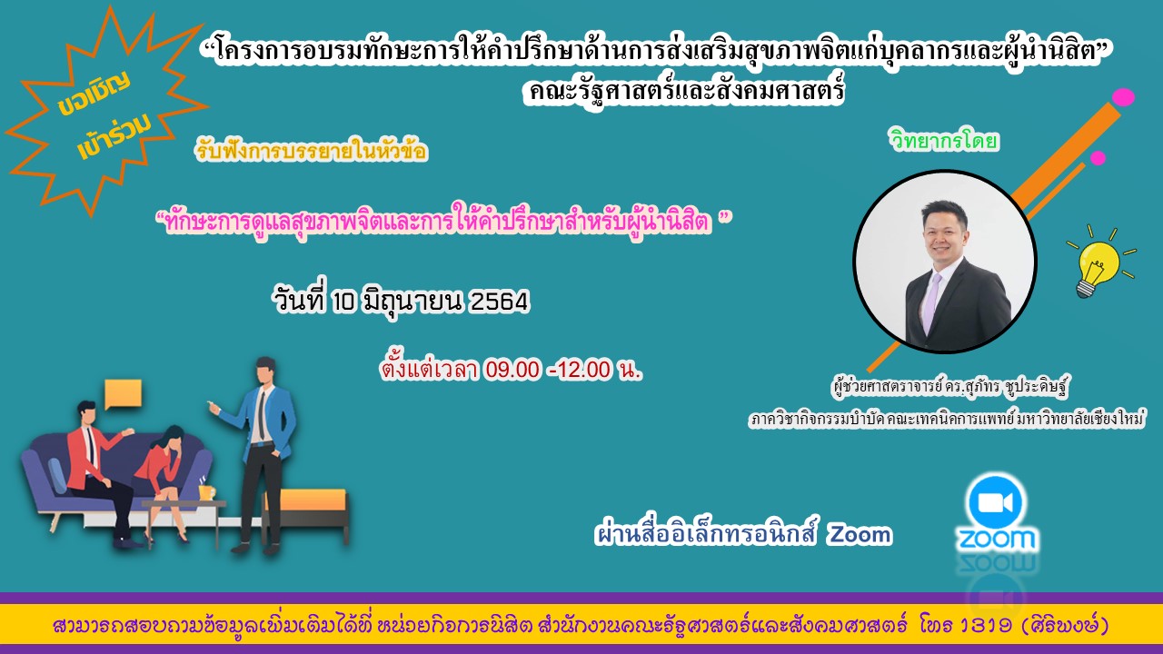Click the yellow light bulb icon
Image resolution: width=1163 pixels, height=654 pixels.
(x=1093, y=263)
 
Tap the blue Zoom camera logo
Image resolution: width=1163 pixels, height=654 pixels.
(x=996, y=502)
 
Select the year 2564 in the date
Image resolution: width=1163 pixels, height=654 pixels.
(x=498, y=302)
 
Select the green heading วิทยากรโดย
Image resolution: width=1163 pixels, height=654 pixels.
(x=944, y=142)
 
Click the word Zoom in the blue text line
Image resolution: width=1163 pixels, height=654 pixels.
(x=859, y=535)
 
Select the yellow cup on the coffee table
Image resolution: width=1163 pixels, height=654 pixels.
(x=206, y=492)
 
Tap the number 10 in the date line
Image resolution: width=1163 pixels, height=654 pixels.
(x=343, y=302)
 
